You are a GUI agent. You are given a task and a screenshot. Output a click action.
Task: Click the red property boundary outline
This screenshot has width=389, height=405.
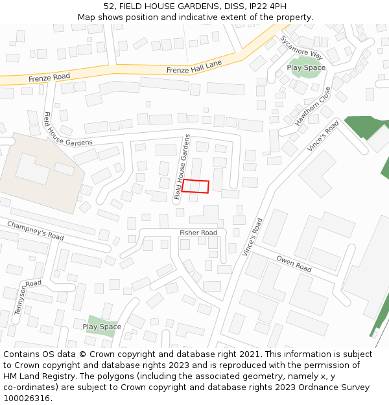[x=195, y=186]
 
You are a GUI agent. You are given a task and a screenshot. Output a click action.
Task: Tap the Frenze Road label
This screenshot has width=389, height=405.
[x=49, y=77]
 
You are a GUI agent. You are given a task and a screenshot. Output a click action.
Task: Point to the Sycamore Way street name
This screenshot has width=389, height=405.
[x=301, y=47]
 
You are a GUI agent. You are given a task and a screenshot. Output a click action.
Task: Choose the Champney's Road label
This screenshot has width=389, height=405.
[x=36, y=231]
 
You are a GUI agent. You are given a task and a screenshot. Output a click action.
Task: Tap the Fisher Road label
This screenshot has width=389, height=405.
[x=198, y=233]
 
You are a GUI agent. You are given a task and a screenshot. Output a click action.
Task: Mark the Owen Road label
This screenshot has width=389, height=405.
[x=294, y=264]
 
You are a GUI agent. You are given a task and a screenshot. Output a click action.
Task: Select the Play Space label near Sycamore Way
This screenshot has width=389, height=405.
[x=306, y=67]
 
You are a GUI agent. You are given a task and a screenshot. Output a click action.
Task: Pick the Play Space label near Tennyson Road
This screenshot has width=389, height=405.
[x=102, y=327]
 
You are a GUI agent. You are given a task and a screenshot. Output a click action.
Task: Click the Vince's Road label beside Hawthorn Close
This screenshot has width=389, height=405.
[x=323, y=137]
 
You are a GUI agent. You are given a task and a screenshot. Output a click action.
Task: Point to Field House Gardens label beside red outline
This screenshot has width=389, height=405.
[x=182, y=167]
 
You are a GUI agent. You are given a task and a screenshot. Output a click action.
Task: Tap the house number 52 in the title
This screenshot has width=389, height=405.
[x=108, y=6]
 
